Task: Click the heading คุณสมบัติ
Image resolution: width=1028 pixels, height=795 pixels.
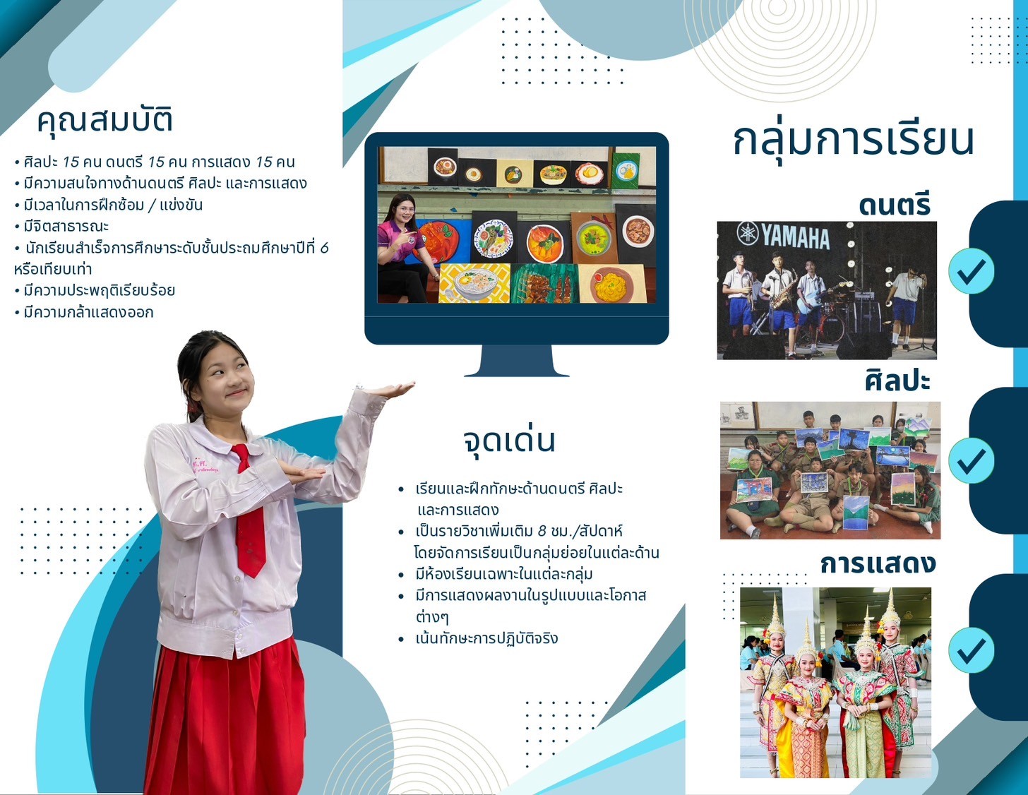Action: pyautogui.click(x=104, y=120)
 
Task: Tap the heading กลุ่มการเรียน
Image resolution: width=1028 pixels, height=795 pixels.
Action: pyautogui.click(x=854, y=141)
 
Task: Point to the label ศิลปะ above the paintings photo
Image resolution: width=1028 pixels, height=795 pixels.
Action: pyautogui.click(x=898, y=381)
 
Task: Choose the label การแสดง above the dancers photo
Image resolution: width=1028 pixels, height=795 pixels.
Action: pyautogui.click(x=878, y=563)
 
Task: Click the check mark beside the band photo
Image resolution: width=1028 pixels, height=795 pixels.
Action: pyautogui.click(x=971, y=271)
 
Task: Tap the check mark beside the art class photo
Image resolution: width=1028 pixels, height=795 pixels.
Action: pyautogui.click(x=971, y=460)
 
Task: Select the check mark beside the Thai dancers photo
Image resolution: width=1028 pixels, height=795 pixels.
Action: pyautogui.click(x=971, y=650)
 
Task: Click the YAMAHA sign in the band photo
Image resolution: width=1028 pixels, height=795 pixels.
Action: pyautogui.click(x=784, y=236)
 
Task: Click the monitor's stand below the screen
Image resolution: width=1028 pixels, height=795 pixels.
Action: pyautogui.click(x=517, y=360)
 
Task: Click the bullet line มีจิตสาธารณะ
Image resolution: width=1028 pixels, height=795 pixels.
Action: pyautogui.click(x=61, y=226)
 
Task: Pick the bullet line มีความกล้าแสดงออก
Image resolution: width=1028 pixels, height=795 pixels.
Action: pyautogui.click(x=84, y=312)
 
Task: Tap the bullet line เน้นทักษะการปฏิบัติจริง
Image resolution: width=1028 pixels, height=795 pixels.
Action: pyautogui.click(x=479, y=638)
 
